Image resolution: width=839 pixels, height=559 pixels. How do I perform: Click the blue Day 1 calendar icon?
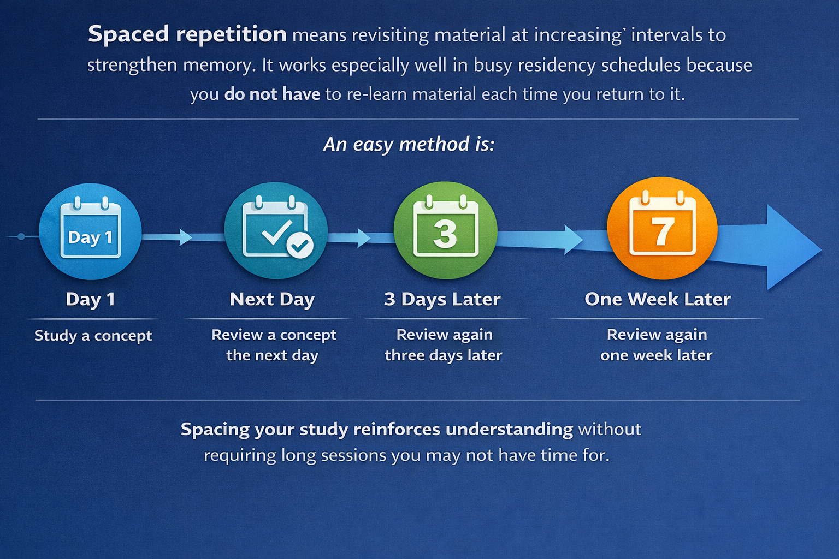[90, 231]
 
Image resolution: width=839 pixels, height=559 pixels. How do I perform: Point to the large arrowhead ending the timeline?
[792, 248]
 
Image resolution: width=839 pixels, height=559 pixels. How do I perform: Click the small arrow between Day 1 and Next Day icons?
[185, 237]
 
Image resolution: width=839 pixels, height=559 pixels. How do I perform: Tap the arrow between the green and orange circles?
[571, 239]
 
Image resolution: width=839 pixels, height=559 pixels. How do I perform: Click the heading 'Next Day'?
[272, 299]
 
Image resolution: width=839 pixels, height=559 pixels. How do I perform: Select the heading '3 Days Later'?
[442, 299]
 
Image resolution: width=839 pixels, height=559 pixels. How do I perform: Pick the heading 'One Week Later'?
[657, 299]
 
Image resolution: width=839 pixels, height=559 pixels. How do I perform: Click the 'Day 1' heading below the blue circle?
[90, 299]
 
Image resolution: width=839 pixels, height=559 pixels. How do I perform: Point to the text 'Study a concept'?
[93, 336]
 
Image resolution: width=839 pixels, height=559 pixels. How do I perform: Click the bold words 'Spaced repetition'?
[187, 34]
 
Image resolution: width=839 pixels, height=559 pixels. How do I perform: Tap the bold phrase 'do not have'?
[272, 94]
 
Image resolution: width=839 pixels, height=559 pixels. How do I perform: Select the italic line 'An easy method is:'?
[409, 145]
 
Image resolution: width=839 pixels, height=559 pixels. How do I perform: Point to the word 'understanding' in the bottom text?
[509, 430]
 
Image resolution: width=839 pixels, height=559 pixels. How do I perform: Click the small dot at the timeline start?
[21, 236]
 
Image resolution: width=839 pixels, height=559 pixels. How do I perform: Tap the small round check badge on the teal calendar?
[300, 246]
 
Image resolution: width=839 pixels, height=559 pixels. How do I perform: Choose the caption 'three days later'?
[443, 355]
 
